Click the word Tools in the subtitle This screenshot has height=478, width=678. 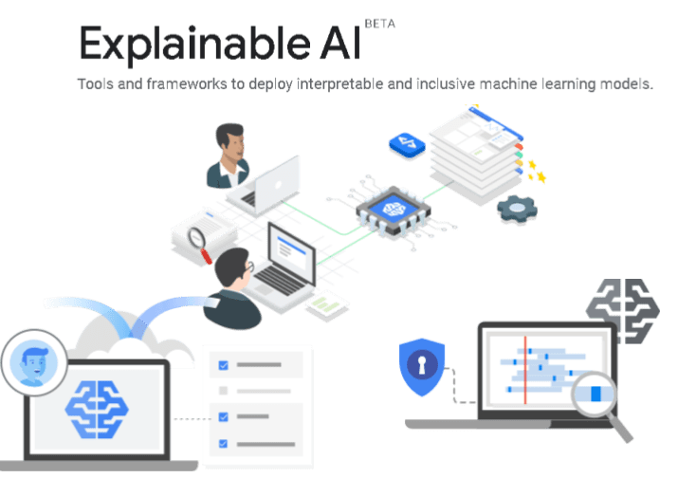[96, 84]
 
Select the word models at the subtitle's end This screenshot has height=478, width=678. [625, 84]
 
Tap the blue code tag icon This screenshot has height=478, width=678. [406, 144]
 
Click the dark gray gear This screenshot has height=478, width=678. [518, 208]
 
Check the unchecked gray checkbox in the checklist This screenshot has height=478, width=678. [224, 390]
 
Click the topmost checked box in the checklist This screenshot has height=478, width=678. [224, 364]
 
